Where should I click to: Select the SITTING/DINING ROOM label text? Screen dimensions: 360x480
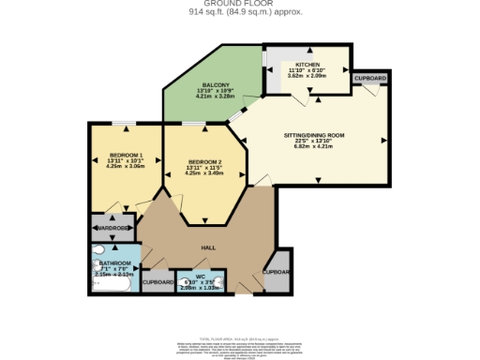[314, 135]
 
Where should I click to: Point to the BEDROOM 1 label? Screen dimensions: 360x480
[126, 154]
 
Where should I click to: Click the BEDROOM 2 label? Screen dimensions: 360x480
[203, 161]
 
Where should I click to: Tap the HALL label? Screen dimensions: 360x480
[209, 247]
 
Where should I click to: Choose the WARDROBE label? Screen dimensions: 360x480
[113, 228]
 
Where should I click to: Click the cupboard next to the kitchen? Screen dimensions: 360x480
[369, 78]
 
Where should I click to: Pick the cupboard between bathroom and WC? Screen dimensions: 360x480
[157, 281]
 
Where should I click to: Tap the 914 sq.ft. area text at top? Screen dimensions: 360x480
[239, 13]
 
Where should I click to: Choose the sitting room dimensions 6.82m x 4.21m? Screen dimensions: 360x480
[314, 147]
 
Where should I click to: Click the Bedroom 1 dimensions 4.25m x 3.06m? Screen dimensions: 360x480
[126, 166]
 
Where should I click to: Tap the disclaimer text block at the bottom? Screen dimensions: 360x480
[239, 344]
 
